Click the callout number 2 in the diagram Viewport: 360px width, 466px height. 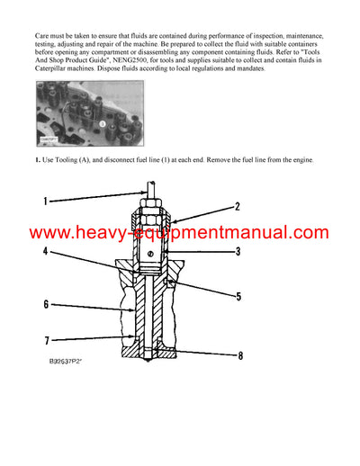point(237,207)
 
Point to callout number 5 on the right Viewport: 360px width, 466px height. point(238,295)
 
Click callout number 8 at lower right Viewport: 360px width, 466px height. point(239,355)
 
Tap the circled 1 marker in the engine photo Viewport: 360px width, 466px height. point(102,123)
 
